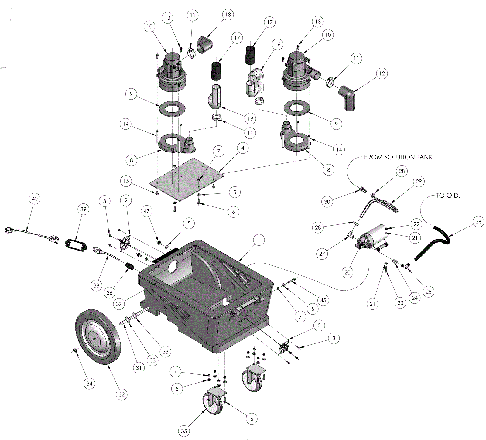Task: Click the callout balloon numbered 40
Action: (x=35, y=199)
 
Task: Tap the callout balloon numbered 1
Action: (x=259, y=240)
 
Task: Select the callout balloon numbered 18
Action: (x=228, y=15)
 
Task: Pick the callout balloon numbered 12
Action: (x=382, y=73)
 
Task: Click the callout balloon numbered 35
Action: (x=184, y=431)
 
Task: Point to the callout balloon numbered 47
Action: (x=147, y=211)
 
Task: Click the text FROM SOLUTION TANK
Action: (x=398, y=157)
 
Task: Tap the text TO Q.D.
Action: (x=448, y=196)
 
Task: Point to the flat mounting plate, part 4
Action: (x=187, y=179)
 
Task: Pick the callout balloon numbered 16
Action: (x=278, y=44)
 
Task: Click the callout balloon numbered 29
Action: (x=419, y=181)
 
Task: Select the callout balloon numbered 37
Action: (x=119, y=304)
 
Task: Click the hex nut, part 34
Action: (x=75, y=351)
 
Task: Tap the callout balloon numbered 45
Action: (x=323, y=300)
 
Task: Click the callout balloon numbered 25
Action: (x=428, y=292)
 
